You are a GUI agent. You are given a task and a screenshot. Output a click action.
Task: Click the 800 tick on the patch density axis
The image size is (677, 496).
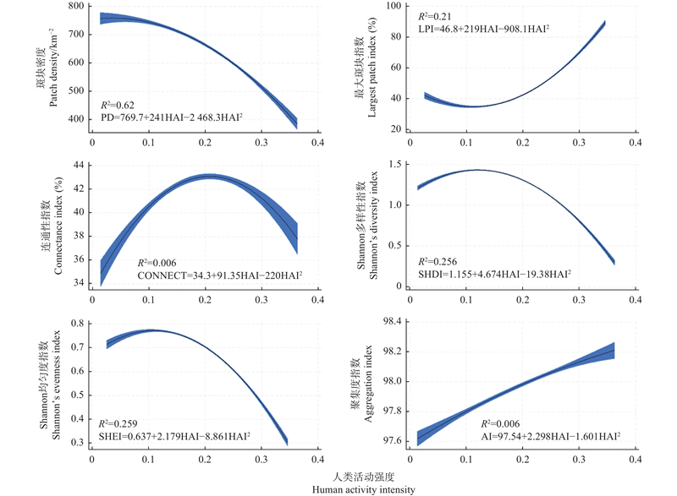tap(76, 6)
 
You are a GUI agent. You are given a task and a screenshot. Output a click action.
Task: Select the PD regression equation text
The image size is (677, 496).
tap(172, 117)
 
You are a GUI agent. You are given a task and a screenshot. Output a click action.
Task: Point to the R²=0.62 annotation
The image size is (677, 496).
tap(118, 105)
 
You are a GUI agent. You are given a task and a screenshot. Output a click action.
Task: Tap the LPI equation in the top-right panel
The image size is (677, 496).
tap(483, 29)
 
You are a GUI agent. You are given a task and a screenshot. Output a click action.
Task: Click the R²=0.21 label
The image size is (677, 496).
tap(435, 17)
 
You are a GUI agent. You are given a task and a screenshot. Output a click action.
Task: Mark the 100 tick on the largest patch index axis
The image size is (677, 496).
tap(394, 6)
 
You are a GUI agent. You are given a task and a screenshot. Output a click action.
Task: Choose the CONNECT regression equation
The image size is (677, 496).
tap(220, 275)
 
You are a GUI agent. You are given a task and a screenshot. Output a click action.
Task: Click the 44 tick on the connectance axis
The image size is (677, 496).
tap(79, 165)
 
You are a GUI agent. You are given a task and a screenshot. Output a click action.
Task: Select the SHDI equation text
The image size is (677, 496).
tap(494, 274)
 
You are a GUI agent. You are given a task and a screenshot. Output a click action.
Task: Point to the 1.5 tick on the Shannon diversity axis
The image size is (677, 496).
tap(395, 164)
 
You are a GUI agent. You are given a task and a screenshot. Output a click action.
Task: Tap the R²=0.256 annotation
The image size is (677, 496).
tap(438, 262)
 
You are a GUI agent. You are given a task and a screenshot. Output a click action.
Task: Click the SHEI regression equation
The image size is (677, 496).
tap(174, 436)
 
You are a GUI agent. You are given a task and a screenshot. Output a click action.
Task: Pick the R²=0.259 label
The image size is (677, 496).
tap(118, 424)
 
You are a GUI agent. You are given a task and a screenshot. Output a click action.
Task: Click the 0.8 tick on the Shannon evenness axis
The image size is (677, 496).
tap(78, 323)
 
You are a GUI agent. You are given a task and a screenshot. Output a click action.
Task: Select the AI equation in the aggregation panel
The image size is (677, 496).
tap(551, 436)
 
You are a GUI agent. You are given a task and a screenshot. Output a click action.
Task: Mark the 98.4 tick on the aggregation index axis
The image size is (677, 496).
tap(393, 321)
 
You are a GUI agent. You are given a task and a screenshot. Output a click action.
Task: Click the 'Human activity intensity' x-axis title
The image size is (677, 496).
tap(364, 490)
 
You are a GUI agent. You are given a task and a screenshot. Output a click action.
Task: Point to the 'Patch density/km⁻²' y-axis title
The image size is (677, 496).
tap(52, 68)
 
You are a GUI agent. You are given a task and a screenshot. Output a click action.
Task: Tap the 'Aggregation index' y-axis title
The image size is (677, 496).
tap(368, 384)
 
